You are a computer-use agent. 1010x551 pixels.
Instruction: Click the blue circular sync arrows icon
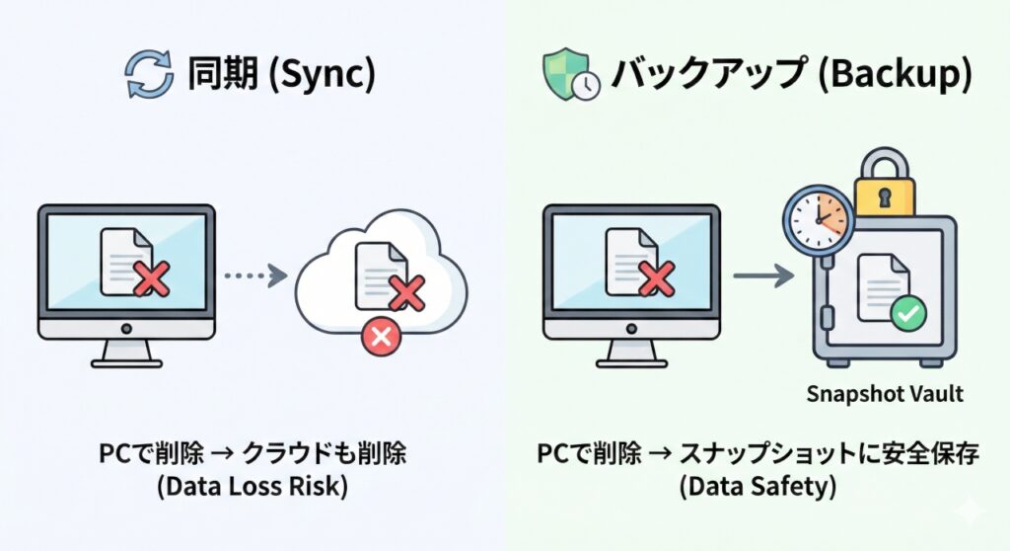click(x=150, y=75)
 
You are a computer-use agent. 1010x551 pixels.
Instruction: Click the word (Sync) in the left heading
click(x=316, y=76)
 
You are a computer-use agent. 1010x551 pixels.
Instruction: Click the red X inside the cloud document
click(x=405, y=293)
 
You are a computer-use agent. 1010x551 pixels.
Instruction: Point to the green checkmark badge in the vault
click(x=906, y=315)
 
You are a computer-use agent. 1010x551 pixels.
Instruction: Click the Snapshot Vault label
click(x=885, y=394)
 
